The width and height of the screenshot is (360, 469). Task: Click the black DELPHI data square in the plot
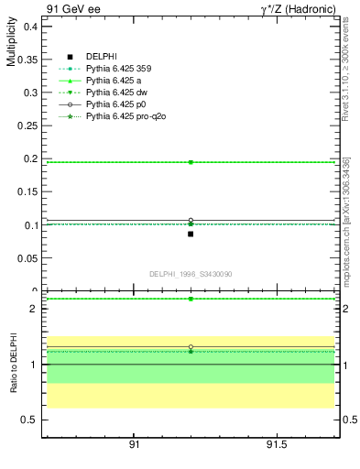(191, 234)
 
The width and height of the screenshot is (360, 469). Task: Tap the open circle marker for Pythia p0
(191, 221)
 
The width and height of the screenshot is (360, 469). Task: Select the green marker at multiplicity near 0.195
(191, 162)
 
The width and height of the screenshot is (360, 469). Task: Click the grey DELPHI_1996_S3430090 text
(191, 274)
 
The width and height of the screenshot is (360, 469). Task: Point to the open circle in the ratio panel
(191, 347)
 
